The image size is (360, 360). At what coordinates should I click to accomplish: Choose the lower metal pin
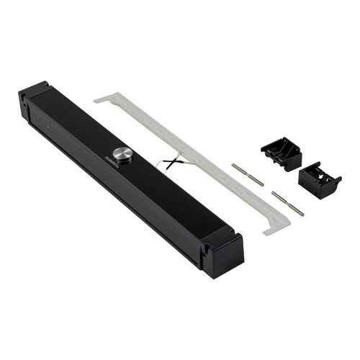pos(287,203)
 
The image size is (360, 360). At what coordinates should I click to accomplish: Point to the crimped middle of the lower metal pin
pos(287,203)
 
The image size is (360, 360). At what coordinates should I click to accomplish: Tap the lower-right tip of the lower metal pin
pos(302,214)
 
